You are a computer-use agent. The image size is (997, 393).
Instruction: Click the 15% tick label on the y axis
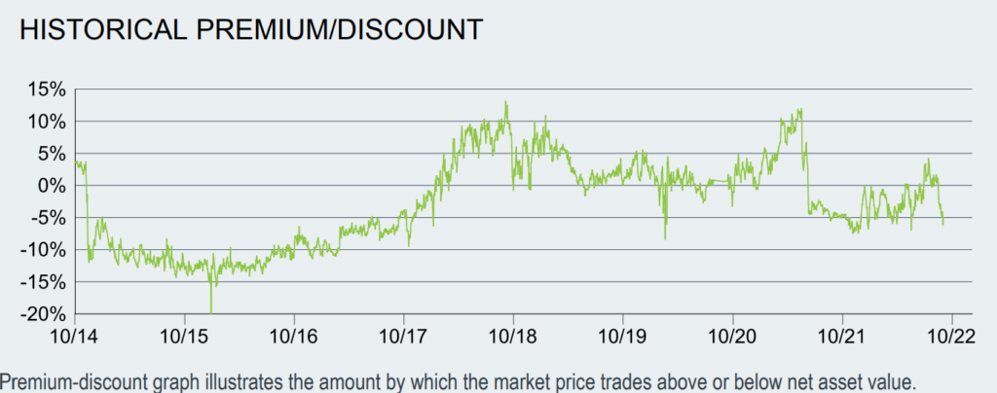[47, 89]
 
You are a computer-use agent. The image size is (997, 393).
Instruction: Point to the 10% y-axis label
[47, 122]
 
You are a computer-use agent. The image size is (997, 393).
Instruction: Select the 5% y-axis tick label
[52, 154]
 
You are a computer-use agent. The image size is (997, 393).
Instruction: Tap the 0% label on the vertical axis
[52, 186]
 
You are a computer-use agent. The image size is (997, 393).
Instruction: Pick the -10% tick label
[43, 250]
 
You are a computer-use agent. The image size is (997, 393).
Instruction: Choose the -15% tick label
[43, 282]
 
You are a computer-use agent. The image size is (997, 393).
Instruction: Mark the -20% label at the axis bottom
[43, 314]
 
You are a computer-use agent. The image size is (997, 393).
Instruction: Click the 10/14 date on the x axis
[76, 334]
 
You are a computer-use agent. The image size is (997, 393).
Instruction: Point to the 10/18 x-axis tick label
[513, 334]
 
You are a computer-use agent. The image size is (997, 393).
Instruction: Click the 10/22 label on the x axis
[949, 334]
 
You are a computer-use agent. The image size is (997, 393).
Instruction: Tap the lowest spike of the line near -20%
[211, 311]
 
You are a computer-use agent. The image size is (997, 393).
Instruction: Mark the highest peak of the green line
[506, 102]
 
